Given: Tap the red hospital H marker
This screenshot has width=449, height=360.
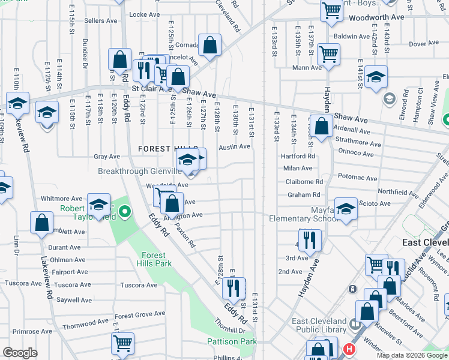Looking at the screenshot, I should pyautogui.click(x=348, y=349).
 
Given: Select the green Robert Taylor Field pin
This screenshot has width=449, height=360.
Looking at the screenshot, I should pyautogui.click(x=124, y=211).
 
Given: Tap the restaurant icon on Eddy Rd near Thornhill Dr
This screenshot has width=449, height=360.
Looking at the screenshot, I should pyautogui.click(x=234, y=287).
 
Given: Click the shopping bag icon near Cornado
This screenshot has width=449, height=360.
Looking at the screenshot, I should pyautogui.click(x=209, y=45).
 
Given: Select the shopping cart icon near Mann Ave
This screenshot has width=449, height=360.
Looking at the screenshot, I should pyautogui.click(x=328, y=53).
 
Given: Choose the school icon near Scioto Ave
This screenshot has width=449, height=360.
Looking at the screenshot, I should pyautogui.click(x=346, y=209).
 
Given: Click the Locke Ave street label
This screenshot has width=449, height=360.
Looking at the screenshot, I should pyautogui.click(x=144, y=14).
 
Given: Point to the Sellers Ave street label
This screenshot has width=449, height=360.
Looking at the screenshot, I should pyautogui.click(x=101, y=20).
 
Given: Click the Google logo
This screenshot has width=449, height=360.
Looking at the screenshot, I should pyautogui.click(x=20, y=353).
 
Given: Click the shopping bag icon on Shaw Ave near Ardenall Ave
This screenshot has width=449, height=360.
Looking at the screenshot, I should pyautogui.click(x=322, y=127).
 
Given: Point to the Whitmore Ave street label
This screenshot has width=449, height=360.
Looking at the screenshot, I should pyautogui.click(x=61, y=199).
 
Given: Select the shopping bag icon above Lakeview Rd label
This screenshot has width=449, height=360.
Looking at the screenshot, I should pyautogui.click(x=41, y=223).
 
